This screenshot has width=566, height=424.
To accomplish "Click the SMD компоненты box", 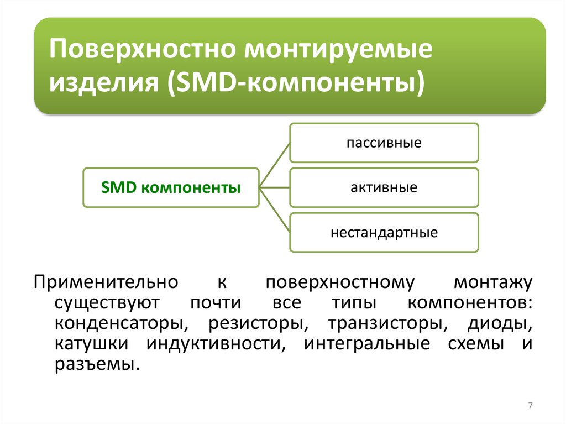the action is coord(171,187).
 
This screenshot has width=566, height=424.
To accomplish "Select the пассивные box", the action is coord(384,143).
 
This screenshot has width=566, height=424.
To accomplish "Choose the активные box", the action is coord(384,187).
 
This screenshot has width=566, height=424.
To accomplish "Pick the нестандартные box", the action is coord(384,232).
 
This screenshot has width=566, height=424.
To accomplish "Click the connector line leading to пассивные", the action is coord(275,164).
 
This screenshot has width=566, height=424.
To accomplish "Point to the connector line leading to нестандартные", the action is coord(275,210).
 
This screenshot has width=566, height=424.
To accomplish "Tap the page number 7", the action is coord(530,406).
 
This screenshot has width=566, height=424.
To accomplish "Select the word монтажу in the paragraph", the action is coord(493,282).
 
